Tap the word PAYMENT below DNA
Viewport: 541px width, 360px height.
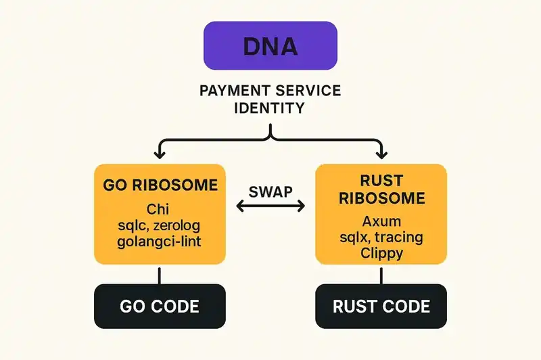[232, 91]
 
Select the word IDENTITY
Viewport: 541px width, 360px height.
[270, 108]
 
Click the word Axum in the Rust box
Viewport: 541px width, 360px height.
[381, 221]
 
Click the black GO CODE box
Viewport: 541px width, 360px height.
[159, 306]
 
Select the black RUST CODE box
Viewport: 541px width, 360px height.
[381, 306]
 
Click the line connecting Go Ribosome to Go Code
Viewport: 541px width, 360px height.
[159, 273]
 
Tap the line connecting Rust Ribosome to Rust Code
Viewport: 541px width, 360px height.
[381, 273]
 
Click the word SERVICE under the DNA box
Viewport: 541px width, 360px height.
[309, 91]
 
